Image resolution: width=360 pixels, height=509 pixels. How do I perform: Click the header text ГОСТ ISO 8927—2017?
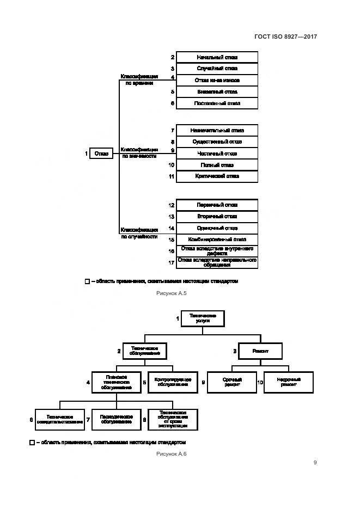pos(285,36)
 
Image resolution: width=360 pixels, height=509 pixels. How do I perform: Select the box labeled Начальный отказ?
pos(217,57)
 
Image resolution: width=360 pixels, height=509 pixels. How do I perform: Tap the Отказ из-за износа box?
pos(217,80)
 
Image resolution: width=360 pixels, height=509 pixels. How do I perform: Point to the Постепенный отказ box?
pos(217,103)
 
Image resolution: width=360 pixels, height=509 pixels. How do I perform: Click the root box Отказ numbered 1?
pos(101,154)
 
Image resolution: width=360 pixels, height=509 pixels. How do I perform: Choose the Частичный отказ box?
pos(217,154)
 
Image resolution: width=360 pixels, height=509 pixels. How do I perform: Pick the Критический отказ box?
pos(217,176)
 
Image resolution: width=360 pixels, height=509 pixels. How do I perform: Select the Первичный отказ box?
pos(217,205)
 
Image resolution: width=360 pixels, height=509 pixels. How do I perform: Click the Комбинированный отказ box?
pos(217,239)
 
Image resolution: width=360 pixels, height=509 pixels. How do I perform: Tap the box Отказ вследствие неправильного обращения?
pos(217,262)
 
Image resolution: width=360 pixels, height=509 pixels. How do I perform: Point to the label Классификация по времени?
pos(139,79)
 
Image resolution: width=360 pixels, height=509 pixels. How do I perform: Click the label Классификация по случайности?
pos(139,233)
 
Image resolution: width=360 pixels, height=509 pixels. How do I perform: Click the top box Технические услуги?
pos(203,318)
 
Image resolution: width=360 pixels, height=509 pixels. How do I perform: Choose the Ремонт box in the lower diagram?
pos(261,351)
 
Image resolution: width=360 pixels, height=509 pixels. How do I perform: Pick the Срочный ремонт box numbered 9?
pos(232,382)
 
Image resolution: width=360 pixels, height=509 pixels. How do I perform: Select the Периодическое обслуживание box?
pos(116,420)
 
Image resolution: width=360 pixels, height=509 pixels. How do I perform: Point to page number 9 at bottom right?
pos(315,463)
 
